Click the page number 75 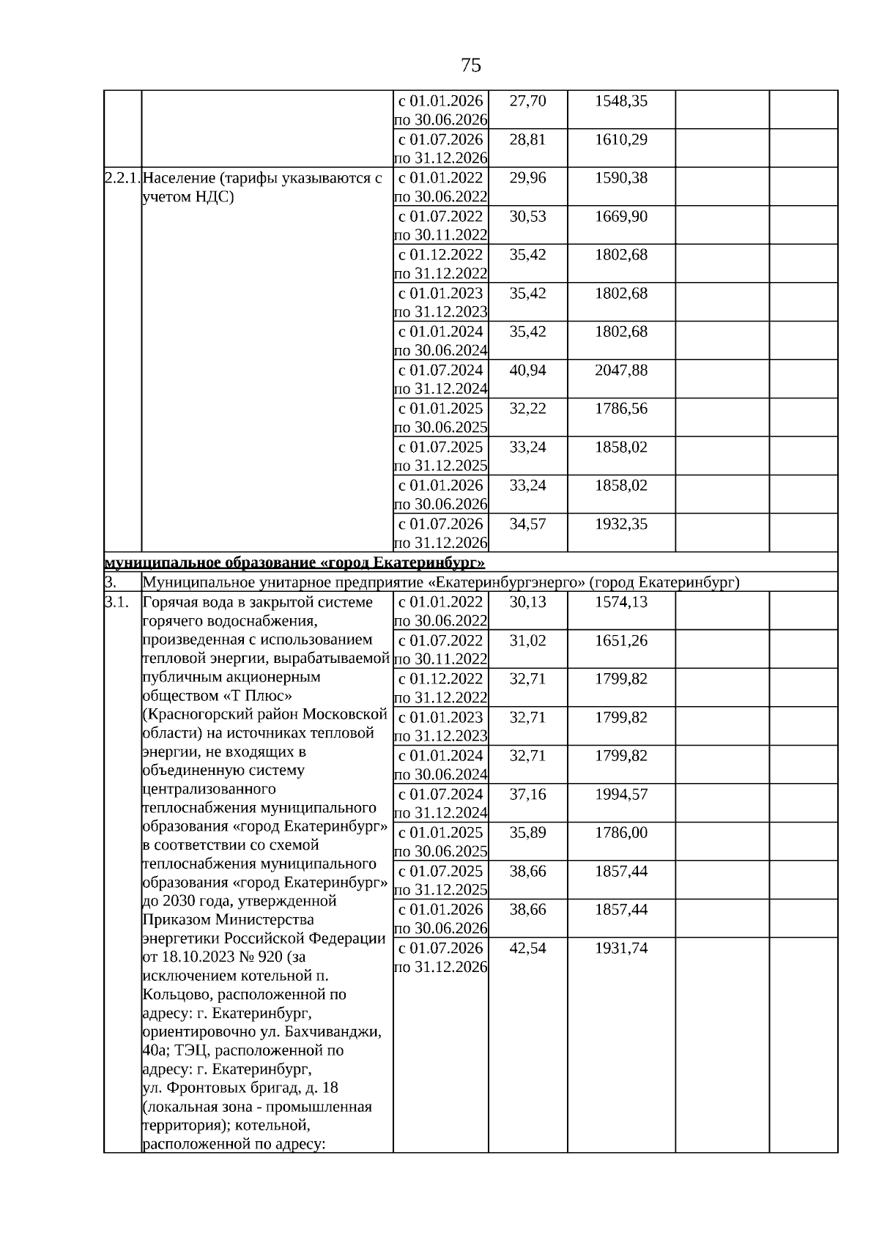471,65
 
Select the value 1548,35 620,101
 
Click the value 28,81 527,139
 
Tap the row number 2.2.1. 122,178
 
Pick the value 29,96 527,178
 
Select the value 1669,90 620,217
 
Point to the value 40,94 527,371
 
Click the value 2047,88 620,371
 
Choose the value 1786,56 620,409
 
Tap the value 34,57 527,524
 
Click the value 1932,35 620,524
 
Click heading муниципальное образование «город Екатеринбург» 294,563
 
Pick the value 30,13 527,602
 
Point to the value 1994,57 620,795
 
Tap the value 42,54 527,949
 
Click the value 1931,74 620,949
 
